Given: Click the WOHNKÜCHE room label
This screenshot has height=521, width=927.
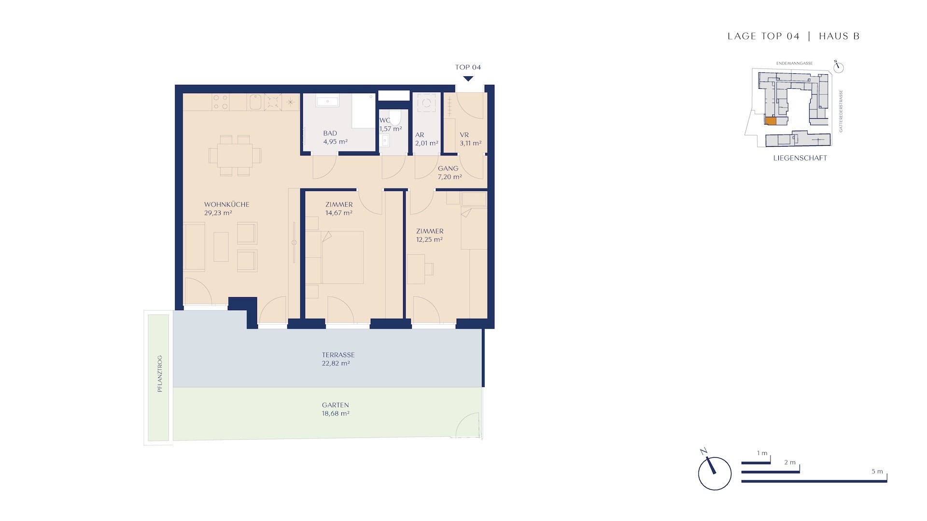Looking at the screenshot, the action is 226,205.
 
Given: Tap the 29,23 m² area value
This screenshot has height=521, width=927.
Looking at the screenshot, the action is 218,213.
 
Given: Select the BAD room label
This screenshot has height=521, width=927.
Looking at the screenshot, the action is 330,133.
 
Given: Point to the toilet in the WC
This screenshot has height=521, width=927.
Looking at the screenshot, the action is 395,117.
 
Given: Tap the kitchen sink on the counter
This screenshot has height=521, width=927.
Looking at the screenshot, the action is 255,102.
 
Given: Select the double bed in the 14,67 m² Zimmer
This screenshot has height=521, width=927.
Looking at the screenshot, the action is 341,257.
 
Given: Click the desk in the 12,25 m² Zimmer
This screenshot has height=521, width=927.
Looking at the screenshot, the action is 416,269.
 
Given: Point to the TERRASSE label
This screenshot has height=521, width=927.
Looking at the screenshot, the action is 338,355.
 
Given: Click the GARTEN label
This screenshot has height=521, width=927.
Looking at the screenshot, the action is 336,405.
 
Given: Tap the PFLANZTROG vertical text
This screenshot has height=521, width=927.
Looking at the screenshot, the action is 160,374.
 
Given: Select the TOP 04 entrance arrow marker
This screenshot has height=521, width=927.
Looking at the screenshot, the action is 468,79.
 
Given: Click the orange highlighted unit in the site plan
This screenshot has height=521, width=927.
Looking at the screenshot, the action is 771,121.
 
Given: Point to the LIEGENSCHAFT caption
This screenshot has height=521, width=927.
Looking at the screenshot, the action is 800,158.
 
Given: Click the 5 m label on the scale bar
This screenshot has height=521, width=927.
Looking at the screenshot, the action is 877,471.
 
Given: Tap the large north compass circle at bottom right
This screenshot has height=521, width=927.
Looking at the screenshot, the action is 715,474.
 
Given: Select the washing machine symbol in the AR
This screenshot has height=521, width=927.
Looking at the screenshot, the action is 426,103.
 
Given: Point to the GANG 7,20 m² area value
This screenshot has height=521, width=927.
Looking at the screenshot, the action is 450,177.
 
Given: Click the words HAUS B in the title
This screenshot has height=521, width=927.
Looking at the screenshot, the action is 839,36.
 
